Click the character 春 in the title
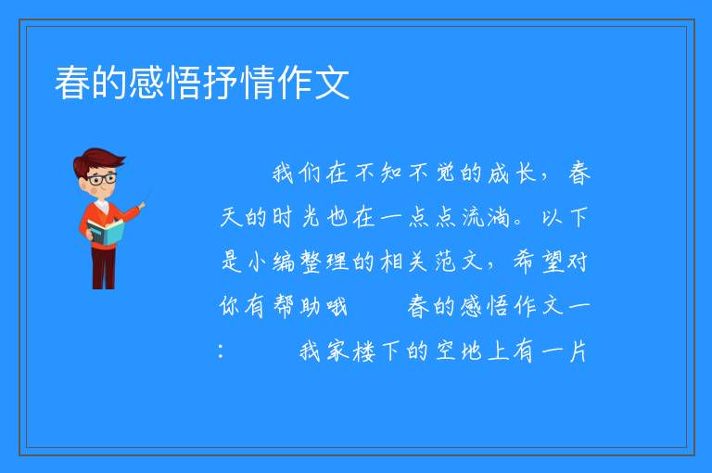tap(72, 83)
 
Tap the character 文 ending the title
tap(332, 83)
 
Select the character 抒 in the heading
tap(222, 83)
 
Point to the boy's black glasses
tap(102, 179)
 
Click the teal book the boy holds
tap(106, 232)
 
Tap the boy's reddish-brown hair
tap(97, 161)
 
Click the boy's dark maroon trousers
tap(104, 268)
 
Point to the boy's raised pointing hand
tap(142, 206)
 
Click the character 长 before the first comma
tap(526, 173)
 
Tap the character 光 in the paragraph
tap(311, 217)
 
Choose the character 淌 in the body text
tap(499, 217)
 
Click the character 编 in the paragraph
tap(285, 262)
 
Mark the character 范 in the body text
tap(445, 262)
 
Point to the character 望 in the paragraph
tap(553, 262)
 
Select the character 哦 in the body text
tap(337, 306)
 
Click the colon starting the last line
tap(221, 352)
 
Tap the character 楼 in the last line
tap(364, 352)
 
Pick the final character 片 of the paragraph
tap(578, 352)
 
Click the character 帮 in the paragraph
tap(285, 306)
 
